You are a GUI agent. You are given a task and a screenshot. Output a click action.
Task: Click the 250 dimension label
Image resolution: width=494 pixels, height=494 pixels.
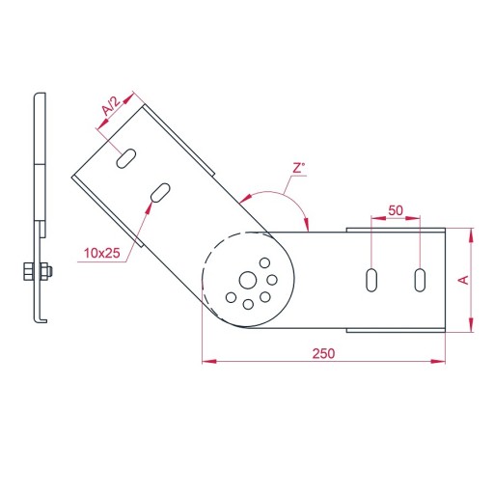pyautogui.click(x=323, y=353)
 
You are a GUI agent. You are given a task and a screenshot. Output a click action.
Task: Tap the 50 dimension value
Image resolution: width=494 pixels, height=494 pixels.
pyautogui.click(x=396, y=210)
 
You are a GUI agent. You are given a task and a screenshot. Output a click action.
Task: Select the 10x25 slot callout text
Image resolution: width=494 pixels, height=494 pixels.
pyautogui.click(x=102, y=253)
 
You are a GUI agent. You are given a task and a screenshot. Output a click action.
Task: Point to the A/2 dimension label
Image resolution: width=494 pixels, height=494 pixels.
pyautogui.click(x=111, y=106)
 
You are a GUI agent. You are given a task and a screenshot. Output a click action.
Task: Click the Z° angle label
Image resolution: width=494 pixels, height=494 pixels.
pyautogui.click(x=299, y=168)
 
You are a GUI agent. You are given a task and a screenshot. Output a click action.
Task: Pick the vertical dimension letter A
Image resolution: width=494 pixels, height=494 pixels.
pyautogui.click(x=463, y=280)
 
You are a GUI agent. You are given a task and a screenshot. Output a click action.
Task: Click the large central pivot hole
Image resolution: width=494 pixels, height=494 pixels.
pyautogui.click(x=248, y=280)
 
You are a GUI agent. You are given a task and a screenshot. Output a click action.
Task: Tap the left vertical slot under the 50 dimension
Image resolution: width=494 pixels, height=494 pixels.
pyautogui.click(x=371, y=280)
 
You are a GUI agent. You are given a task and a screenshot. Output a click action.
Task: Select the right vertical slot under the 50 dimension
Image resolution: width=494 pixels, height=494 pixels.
pyautogui.click(x=420, y=280)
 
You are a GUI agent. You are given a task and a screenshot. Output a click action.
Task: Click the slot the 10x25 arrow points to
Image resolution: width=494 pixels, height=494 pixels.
pyautogui.click(x=160, y=192)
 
